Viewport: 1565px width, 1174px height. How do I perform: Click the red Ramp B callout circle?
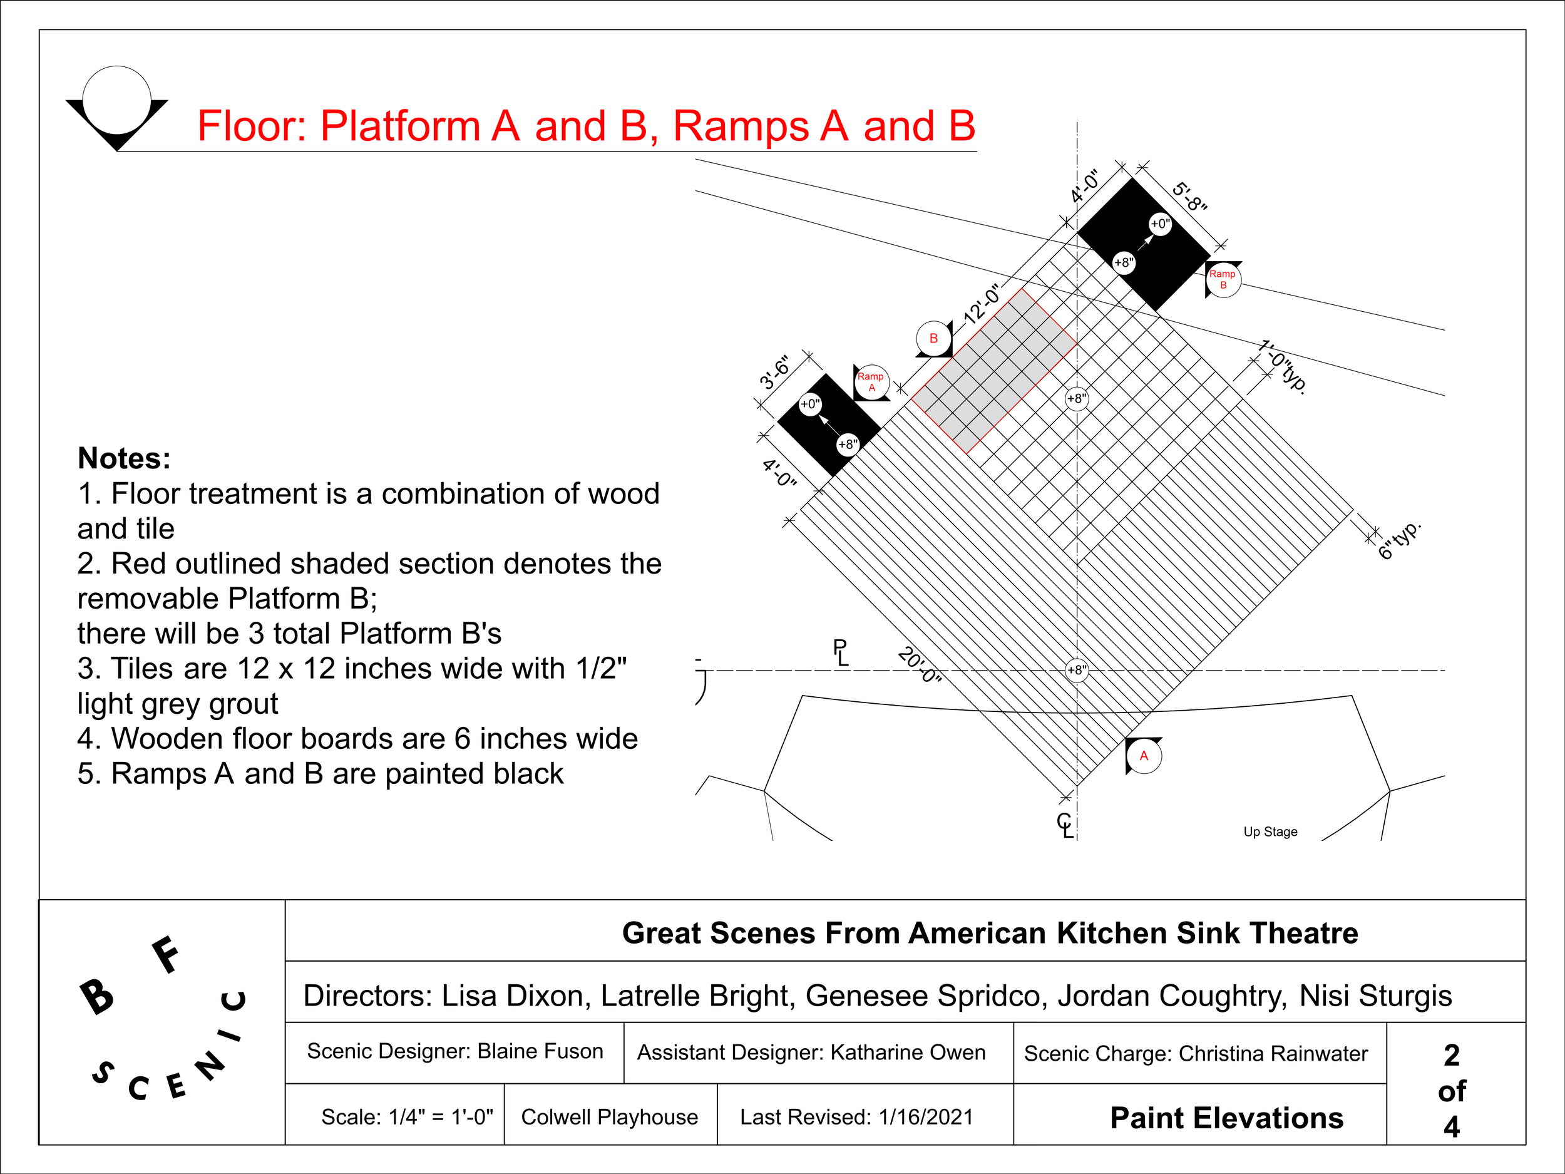click(1223, 279)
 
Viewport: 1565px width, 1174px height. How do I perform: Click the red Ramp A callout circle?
click(871, 382)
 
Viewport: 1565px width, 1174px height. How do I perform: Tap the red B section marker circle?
click(933, 338)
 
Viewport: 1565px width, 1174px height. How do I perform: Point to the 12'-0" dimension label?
click(982, 304)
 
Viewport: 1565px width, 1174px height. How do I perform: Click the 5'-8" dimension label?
click(1190, 197)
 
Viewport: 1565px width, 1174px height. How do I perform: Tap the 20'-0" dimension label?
click(920, 664)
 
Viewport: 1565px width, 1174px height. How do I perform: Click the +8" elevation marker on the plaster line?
click(1077, 669)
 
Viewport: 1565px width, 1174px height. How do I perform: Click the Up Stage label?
click(1270, 832)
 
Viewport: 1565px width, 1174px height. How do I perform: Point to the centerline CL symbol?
click(1065, 825)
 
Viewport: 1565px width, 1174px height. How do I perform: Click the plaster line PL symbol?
click(841, 652)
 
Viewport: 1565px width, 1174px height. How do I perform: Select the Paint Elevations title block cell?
click(1226, 1118)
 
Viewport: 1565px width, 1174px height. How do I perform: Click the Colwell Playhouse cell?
click(609, 1116)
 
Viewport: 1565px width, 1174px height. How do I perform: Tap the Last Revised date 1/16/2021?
click(926, 1116)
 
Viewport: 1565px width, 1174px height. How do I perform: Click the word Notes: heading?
click(124, 458)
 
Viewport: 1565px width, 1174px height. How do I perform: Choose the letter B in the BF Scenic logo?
click(96, 996)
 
